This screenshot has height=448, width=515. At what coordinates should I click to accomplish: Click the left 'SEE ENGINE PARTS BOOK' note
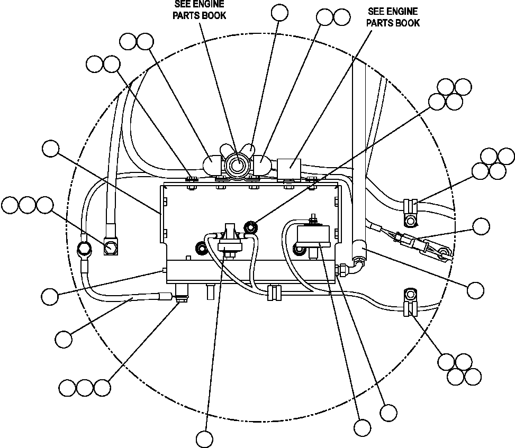tap(200, 11)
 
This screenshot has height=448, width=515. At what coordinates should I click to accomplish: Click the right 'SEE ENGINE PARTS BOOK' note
tap(393, 17)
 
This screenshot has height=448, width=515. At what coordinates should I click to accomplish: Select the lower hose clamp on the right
tap(410, 308)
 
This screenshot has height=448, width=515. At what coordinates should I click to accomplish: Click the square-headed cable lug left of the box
tap(111, 246)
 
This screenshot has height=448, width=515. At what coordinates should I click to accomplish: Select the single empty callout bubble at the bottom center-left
tap(204, 438)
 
